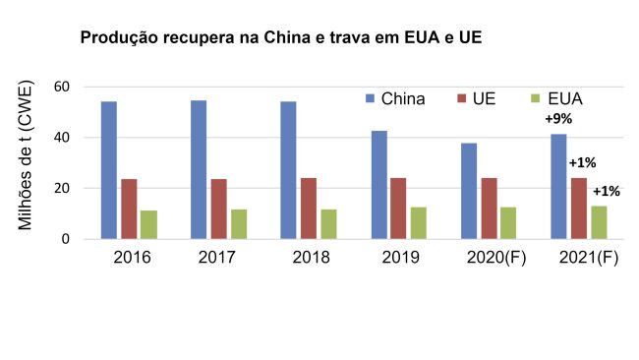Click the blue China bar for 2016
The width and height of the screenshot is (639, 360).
pyautogui.click(x=108, y=170)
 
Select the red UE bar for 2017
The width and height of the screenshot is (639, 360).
pyautogui.click(x=218, y=209)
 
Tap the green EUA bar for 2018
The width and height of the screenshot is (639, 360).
pyautogui.click(x=328, y=223)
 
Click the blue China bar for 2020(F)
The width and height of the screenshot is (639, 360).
pyautogui.click(x=469, y=191)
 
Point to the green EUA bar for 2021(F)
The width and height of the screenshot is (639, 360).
pyautogui.click(x=600, y=222)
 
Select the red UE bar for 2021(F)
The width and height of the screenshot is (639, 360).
pyautogui.click(x=579, y=209)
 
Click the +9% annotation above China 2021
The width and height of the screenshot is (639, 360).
pyautogui.click(x=559, y=120)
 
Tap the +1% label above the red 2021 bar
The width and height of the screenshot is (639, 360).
pyautogui.click(x=582, y=163)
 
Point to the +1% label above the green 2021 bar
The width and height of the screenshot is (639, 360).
pyautogui.click(x=606, y=191)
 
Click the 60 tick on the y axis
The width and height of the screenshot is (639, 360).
pyautogui.click(x=62, y=87)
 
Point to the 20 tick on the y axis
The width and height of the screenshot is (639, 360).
pyautogui.click(x=62, y=188)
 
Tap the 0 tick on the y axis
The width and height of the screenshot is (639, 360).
pyautogui.click(x=67, y=239)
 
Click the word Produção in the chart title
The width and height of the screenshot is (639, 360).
pyautogui.click(x=117, y=38)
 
